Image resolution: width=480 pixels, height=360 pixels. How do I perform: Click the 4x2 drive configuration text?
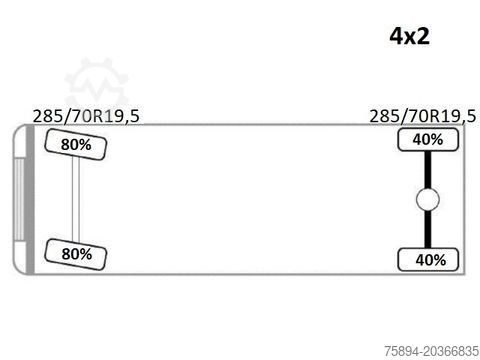click(409, 36)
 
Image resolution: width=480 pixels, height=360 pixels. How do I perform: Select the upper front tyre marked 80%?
click(76, 144)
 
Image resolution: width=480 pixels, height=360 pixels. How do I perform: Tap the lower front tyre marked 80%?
click(76, 254)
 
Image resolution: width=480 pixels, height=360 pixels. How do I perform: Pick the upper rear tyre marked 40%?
click(428, 140)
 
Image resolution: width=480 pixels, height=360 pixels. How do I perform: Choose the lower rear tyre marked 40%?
click(428, 260)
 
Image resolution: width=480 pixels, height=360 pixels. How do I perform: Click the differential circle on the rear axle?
click(428, 199)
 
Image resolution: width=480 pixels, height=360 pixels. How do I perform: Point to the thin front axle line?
click(76, 199)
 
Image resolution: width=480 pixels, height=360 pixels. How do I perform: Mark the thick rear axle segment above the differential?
click(428, 170)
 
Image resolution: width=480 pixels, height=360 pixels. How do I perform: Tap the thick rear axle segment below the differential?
click(428, 229)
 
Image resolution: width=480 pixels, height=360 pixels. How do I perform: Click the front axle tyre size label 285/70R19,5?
click(86, 116)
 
